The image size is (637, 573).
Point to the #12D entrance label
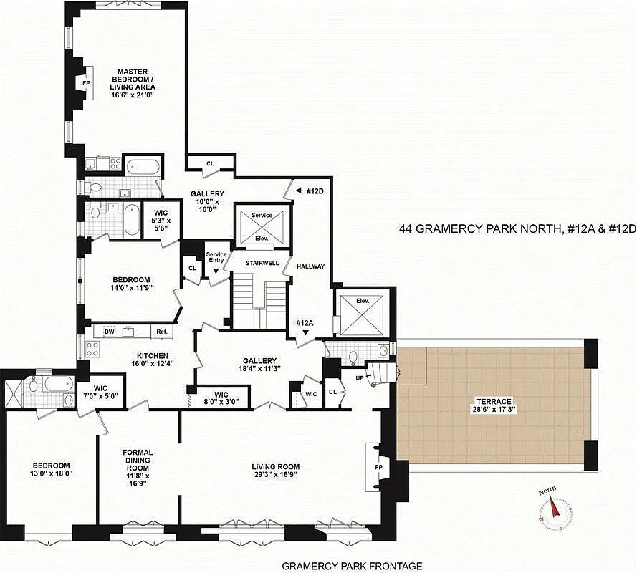click(312, 191)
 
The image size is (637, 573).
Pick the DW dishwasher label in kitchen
click(109, 332)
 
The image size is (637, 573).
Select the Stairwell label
click(262, 264)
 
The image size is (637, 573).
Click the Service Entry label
click(216, 258)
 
